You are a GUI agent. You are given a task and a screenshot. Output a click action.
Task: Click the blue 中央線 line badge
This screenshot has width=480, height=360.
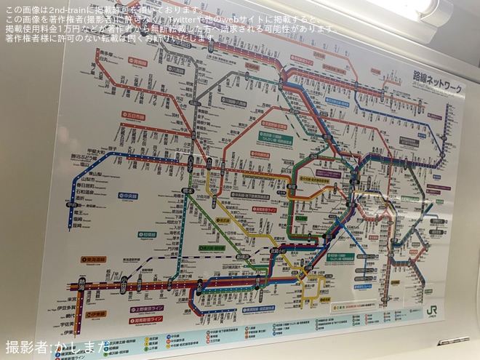pyautogui.click(x=129, y=195)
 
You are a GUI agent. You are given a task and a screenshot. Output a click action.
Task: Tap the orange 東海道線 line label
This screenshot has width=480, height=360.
pyautogui.click(x=95, y=258)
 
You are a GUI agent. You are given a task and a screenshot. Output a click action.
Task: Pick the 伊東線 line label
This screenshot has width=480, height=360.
pyautogui.click(x=97, y=314)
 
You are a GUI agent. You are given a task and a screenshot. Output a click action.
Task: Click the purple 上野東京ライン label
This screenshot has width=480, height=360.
pyautogui.click(x=148, y=308)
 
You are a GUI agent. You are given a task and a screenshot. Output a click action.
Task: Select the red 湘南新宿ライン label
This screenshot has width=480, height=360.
pyautogui.click(x=148, y=319)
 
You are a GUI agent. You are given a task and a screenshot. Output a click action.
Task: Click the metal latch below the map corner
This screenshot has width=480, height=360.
pyautogui.click(x=452, y=340)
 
